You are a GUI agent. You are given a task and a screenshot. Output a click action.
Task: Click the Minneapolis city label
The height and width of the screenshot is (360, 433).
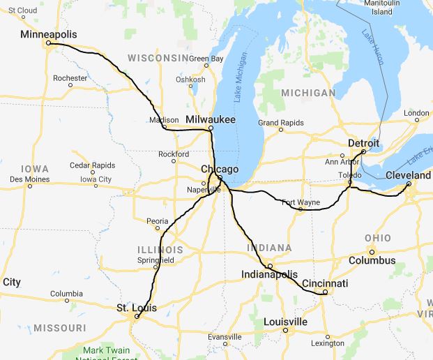pos(48,34)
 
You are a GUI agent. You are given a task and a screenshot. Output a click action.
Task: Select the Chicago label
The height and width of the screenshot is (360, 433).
pos(220,169)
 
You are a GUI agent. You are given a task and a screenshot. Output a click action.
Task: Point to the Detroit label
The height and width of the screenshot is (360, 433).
pos(363,143)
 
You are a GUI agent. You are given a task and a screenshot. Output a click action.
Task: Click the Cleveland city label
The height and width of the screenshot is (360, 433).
pos(408,175)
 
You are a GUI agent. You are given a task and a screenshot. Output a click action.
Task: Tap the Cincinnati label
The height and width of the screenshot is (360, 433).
pos(325,283)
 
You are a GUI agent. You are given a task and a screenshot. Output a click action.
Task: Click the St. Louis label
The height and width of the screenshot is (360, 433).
pos(136,308)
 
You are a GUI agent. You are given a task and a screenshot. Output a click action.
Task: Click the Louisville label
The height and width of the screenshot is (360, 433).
pos(285,322)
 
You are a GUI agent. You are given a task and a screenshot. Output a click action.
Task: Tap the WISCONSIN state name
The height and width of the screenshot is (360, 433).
pos(158,57)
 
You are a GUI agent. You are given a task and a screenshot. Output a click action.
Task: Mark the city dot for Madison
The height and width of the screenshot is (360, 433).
pos(163,127)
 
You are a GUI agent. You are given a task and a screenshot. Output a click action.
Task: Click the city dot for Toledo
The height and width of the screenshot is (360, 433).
pos(350,183)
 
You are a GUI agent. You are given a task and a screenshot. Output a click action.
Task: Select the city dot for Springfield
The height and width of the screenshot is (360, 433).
pos(156,267)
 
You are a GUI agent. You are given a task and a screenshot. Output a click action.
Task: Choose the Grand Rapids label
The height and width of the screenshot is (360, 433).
pos(281,123)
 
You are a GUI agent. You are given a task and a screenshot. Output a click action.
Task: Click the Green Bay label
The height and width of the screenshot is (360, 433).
pos(206,59)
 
